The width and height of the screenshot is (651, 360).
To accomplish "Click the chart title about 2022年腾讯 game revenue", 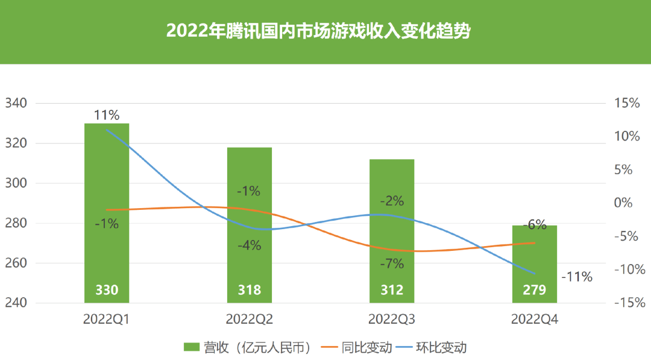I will point(318,31).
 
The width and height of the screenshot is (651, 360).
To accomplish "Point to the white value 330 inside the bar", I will point(107,290).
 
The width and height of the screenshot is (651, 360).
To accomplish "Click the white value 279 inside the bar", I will point(535,290).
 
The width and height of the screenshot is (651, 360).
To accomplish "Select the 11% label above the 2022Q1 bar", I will point(106,115).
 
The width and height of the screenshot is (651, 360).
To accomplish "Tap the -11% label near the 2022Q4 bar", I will point(577,277).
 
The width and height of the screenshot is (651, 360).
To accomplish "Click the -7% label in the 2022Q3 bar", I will point(392,264).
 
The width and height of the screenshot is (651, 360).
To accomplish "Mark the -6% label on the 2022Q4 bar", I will point(534,226).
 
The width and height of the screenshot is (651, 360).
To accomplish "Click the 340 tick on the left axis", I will point(16,104).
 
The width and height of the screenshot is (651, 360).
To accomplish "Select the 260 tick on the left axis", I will point(16,264).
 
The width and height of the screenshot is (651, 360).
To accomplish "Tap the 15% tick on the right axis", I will point(626,104).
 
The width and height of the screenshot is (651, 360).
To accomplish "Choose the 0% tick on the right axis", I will point(626,203).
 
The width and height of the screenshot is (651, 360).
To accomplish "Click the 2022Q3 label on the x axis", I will point(392,319).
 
